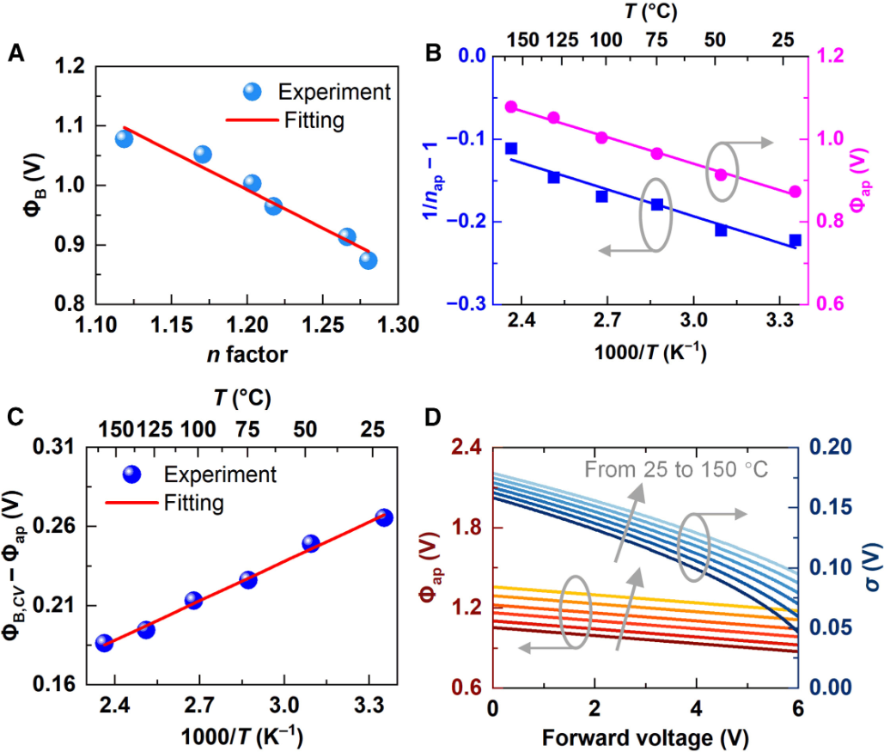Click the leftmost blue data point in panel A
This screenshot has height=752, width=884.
(124, 138)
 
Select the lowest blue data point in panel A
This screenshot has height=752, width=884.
(369, 260)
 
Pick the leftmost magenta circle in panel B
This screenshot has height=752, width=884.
(511, 107)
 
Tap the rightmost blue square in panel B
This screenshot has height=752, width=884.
(795, 240)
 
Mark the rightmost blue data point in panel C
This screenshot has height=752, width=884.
(384, 517)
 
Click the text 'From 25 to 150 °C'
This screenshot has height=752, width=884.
(675, 469)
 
